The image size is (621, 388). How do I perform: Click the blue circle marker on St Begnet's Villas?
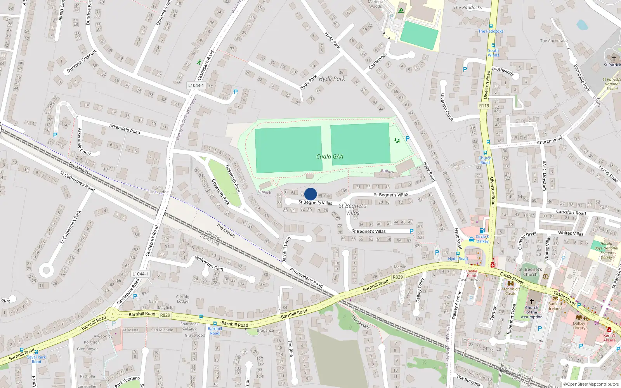310,194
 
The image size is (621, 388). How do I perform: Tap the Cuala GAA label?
330,157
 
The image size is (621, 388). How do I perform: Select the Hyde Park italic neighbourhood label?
332,79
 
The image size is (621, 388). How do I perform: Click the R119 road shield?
484,106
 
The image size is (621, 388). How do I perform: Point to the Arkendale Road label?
125,129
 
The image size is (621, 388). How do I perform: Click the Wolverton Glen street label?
209,263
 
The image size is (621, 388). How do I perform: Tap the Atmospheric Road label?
306,278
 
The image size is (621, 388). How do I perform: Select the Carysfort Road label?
571,212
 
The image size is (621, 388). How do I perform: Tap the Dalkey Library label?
579,326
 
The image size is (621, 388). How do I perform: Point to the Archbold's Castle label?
511,291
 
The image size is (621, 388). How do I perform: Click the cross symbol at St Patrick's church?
614,58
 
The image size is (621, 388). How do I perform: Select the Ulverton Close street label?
446,107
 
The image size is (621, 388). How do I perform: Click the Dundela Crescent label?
82,61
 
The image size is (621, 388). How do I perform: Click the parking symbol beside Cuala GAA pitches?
408,139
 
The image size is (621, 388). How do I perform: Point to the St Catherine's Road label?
77,181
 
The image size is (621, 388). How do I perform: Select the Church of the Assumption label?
532,312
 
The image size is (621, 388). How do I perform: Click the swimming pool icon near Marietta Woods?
401,10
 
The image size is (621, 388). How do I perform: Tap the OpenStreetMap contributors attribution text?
591,384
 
